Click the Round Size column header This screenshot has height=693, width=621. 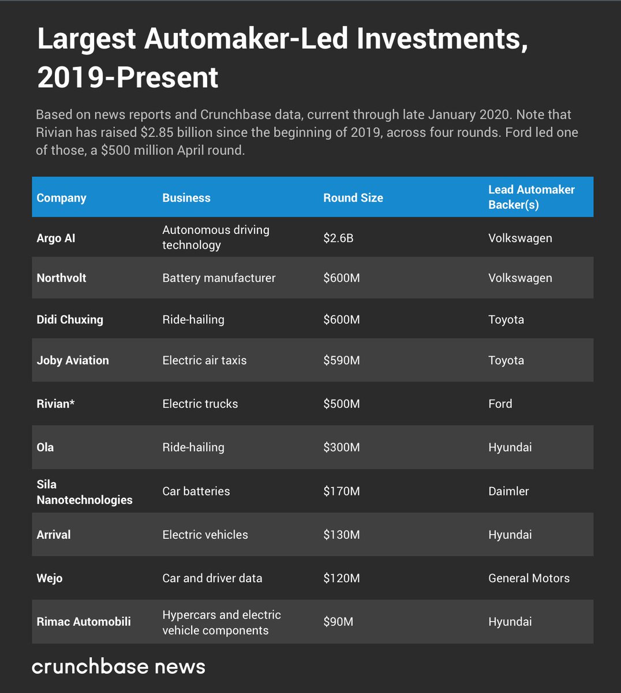(x=353, y=198)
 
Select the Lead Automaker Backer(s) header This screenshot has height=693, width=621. (x=531, y=197)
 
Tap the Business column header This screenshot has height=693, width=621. (x=186, y=198)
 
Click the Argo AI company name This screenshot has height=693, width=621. (x=56, y=238)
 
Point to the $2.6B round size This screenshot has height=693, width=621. (x=338, y=238)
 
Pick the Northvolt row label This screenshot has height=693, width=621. (x=61, y=278)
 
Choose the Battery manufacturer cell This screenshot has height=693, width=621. (x=219, y=278)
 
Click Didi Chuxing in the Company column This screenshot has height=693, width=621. (x=70, y=319)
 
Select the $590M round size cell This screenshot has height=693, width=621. (x=341, y=360)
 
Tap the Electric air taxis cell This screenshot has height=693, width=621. (x=204, y=360)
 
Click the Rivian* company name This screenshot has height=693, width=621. (x=55, y=404)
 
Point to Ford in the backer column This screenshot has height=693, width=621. (x=500, y=404)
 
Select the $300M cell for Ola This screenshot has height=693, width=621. (x=341, y=447)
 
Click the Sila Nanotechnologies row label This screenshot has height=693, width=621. (x=84, y=492)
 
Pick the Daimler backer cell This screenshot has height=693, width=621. (x=508, y=491)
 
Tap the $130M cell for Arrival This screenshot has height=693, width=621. (x=341, y=535)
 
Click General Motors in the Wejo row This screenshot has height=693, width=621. (x=529, y=578)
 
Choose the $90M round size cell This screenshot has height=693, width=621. (x=338, y=621)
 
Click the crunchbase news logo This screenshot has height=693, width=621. (x=118, y=666)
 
